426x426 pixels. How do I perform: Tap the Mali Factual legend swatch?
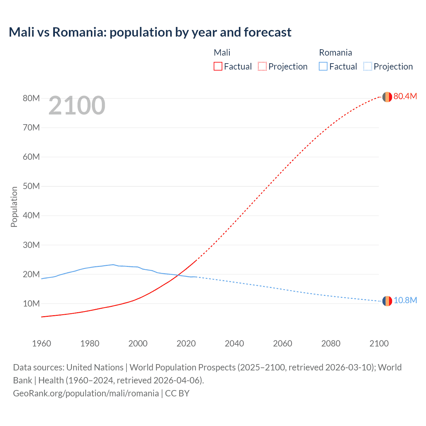(x=218, y=66)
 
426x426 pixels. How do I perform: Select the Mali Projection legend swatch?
(x=262, y=66)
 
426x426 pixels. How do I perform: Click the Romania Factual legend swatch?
(x=323, y=66)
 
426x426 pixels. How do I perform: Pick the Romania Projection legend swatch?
(x=367, y=66)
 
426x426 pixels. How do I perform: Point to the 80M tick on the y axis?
(x=31, y=98)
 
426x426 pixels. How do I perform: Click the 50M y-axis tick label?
(x=31, y=186)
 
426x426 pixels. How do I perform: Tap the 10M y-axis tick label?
(x=31, y=304)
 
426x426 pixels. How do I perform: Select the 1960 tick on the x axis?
(x=42, y=343)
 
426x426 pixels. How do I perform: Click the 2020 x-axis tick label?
(x=186, y=343)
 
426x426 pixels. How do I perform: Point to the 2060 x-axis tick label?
(x=283, y=343)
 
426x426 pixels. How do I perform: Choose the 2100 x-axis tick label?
(x=379, y=343)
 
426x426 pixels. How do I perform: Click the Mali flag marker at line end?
(x=387, y=97)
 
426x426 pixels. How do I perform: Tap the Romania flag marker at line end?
(x=387, y=301)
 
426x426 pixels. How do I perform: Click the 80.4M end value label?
(x=405, y=96)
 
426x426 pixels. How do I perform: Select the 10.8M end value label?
(x=405, y=300)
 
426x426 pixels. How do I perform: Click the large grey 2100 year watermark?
(x=77, y=106)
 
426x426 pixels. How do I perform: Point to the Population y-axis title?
(x=14, y=207)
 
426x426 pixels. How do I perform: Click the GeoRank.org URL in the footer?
(x=86, y=393)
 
